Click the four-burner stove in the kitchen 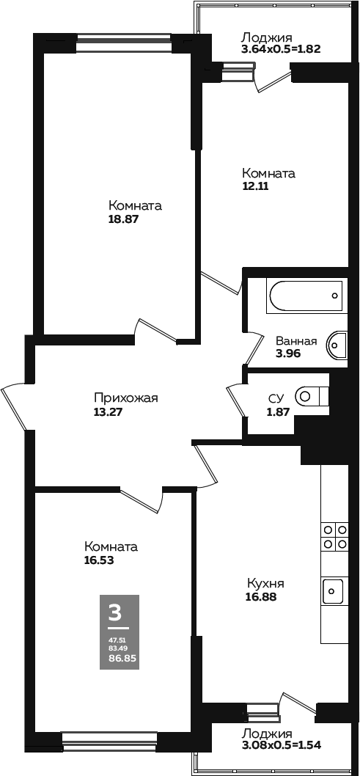[335, 536]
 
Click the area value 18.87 [122, 219]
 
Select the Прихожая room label [125, 398]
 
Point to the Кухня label [265, 583]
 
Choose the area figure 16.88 [260, 597]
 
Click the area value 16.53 [99, 560]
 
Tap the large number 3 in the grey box [114, 612]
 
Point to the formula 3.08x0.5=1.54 [280, 744]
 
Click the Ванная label [295, 341]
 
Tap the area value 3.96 [288, 354]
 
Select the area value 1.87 [279, 410]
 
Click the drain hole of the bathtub [335, 296]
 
